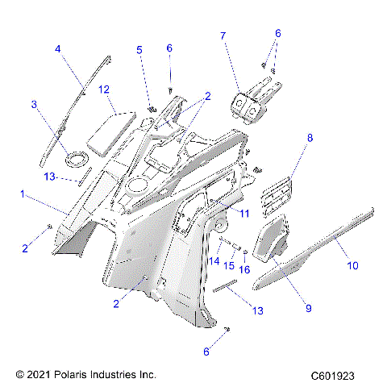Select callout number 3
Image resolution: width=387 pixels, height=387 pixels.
[35, 104]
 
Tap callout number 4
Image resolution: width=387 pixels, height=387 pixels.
[58, 49]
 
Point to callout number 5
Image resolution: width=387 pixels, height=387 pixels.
[139, 50]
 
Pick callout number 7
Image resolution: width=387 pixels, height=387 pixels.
[223, 35]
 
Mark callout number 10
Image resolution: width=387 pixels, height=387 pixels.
[352, 264]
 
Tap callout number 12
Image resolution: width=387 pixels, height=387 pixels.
[103, 90]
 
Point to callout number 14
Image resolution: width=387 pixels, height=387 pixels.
[214, 261]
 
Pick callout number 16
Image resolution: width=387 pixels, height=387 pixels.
[246, 269]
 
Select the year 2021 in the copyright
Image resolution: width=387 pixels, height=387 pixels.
[38, 375]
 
